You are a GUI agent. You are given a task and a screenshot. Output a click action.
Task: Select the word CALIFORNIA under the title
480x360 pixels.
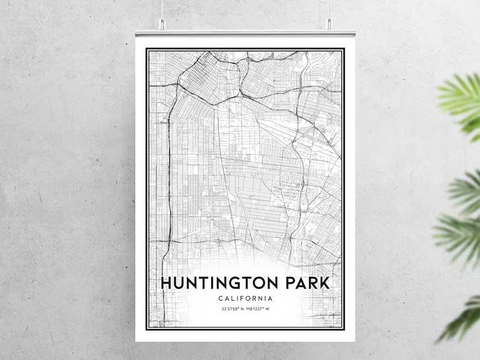pyautogui.click(x=245, y=298)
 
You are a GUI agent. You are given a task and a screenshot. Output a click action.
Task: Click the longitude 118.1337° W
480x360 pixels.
pyautogui.click(x=259, y=310)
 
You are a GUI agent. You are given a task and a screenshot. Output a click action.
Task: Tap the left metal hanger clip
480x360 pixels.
pyautogui.click(x=162, y=24)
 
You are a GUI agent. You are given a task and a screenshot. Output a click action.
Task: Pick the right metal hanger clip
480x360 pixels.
pyautogui.click(x=329, y=24)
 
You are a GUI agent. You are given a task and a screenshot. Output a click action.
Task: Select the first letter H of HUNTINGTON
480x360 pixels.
pyautogui.click(x=166, y=283)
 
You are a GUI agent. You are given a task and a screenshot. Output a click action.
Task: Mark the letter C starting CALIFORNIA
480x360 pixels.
pyautogui.click(x=221, y=298)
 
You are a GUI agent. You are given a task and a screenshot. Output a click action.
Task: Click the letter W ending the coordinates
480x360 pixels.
pyautogui.click(x=269, y=310)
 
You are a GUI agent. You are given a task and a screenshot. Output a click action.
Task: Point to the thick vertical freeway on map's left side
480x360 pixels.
pyautogui.click(x=163, y=182)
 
